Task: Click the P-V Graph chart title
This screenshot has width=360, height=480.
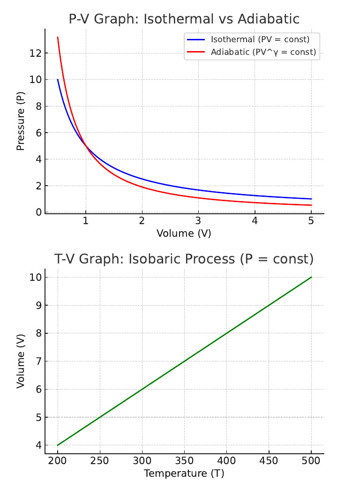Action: pyautogui.click(x=184, y=19)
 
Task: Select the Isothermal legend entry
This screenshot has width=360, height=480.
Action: pyautogui.click(x=260, y=39)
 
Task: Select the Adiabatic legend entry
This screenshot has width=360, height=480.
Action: pyautogui.click(x=263, y=52)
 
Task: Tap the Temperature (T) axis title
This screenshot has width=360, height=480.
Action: pyautogui.click(x=184, y=473)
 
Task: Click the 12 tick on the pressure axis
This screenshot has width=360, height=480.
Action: pyautogui.click(x=36, y=53)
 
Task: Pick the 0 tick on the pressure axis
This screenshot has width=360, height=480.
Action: pyautogui.click(x=38, y=212)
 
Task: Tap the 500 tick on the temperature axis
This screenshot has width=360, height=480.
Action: pyautogui.click(x=311, y=461)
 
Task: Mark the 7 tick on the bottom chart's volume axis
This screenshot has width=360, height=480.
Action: pyautogui.click(x=38, y=361)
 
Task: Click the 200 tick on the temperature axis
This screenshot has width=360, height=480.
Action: pyautogui.click(x=58, y=461)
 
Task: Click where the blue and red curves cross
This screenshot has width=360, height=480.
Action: pyautogui.click(x=86, y=146)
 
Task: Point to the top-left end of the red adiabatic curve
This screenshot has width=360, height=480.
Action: pyautogui.click(x=58, y=37)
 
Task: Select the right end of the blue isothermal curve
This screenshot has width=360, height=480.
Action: pyautogui.click(x=311, y=199)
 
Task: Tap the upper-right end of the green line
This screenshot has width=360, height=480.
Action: pyautogui.click(x=311, y=277)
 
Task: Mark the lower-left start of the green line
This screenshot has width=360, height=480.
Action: pyautogui.click(x=58, y=445)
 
